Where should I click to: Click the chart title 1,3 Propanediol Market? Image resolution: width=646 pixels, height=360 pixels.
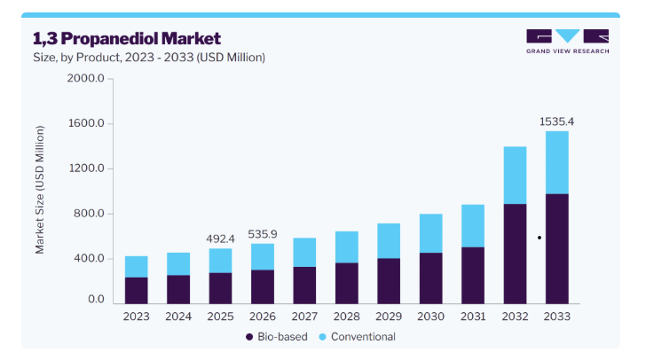coord(127,39)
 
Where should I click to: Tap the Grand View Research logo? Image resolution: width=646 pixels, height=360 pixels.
coord(567,41)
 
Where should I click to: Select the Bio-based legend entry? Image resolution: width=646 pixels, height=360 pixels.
coord(277,337)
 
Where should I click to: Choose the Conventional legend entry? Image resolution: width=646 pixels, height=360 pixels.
coord(358,337)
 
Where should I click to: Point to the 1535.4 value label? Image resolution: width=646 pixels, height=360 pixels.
coord(556,121)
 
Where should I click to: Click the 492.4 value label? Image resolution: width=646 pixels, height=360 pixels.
coord(220,239)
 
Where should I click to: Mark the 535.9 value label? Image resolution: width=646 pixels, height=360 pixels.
coord(263,234)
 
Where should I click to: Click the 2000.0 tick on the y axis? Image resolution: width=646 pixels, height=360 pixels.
coord(86,78)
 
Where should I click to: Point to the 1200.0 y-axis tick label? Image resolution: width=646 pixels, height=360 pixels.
coord(86,168)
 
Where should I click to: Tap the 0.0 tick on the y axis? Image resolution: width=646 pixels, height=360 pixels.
coord(96,299)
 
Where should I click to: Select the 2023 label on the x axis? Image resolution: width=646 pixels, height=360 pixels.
coord(137,317)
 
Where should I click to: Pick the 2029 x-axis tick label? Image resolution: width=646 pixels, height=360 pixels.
coord(389,317)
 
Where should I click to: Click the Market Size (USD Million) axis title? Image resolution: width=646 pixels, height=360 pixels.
coord(40,190)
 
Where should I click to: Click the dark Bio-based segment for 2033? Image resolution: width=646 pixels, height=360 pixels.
coord(557,249)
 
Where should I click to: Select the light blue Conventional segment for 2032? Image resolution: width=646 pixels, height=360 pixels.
coord(515,176)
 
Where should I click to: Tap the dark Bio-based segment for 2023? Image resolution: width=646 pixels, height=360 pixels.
coord(137,291)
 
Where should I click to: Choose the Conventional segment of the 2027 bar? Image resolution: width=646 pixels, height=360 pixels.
coord(304,253)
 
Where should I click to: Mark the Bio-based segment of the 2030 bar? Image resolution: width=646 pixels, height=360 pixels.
coord(431,278)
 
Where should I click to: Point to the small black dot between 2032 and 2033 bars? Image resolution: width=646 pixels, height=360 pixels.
coord(540,238)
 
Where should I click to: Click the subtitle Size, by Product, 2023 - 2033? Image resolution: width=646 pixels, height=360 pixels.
coord(149,58)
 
